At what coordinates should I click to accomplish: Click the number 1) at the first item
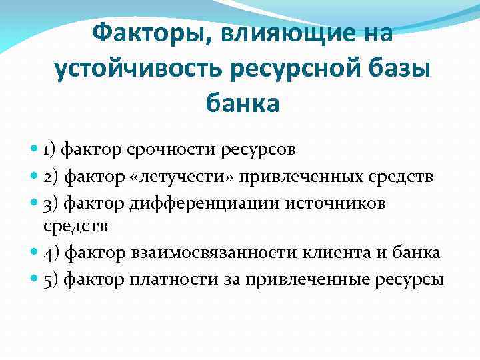(51, 148)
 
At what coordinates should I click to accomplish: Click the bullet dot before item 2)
(35, 176)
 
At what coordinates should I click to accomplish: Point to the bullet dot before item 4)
(35, 253)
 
